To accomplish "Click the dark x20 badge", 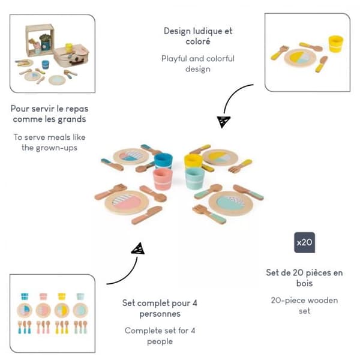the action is click(304, 242).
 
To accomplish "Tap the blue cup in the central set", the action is click(163, 161).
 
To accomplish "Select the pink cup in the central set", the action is click(163, 179).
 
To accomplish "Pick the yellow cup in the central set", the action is click(193, 161).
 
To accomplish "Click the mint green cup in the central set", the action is click(194, 179).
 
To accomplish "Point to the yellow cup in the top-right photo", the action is click(335, 44).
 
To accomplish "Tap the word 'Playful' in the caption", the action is click(174, 59).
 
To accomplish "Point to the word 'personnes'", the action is click(160, 314).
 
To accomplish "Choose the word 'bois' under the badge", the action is click(304, 283).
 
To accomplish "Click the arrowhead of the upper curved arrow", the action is click(223, 122).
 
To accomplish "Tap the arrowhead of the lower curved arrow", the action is click(139, 248).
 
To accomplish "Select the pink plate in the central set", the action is click(127, 202).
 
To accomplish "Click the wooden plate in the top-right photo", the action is click(300, 58).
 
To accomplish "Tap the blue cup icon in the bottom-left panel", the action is click(25, 296).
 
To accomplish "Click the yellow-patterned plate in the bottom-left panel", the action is click(62, 310).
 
